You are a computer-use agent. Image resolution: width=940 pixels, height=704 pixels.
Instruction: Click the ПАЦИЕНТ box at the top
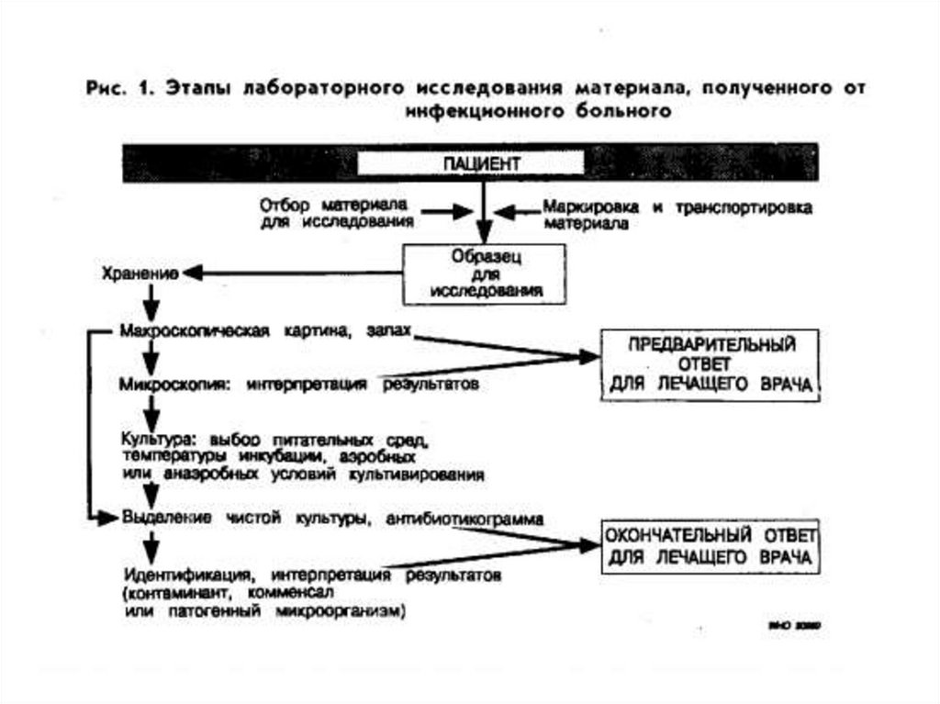coord(469,163)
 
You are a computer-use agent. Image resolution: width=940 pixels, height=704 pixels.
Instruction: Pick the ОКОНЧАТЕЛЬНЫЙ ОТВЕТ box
coord(710,545)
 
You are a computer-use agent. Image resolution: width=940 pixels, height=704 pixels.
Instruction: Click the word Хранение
coord(138,274)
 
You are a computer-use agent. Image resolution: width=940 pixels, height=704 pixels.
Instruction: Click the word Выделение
coord(158,519)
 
